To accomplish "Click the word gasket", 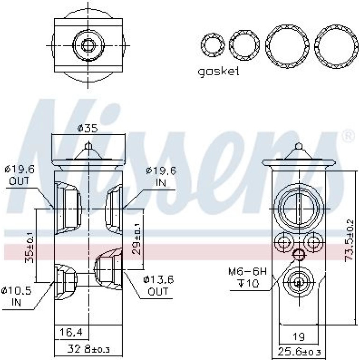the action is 218,72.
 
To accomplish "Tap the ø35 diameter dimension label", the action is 87,128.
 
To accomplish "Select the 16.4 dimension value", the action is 71,332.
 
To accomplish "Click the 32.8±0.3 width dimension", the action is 88,349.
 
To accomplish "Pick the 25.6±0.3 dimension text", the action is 299,352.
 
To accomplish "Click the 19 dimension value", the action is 299,337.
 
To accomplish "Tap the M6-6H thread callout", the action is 247,272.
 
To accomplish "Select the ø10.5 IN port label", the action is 16,296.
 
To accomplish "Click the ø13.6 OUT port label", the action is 158,286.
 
